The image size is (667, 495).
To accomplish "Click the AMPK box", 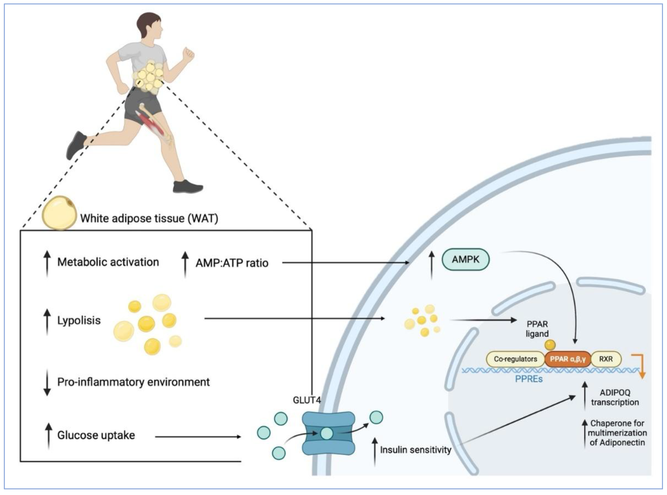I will tap(465, 260).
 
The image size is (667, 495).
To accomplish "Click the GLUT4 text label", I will tap(307, 400).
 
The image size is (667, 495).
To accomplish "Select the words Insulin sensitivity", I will tap(415, 450).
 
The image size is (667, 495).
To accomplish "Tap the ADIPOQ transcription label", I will tap(615, 397).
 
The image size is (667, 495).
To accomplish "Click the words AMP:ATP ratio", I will tap(232, 263).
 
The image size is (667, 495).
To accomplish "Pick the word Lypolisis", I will tap(79, 320).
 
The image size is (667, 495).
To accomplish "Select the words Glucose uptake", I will tap(96, 435).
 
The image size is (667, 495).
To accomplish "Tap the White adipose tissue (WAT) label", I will tap(149, 218).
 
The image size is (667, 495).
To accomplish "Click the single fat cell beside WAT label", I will tap(59, 212).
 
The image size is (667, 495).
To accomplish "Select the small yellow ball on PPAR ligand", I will tap(550, 345).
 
